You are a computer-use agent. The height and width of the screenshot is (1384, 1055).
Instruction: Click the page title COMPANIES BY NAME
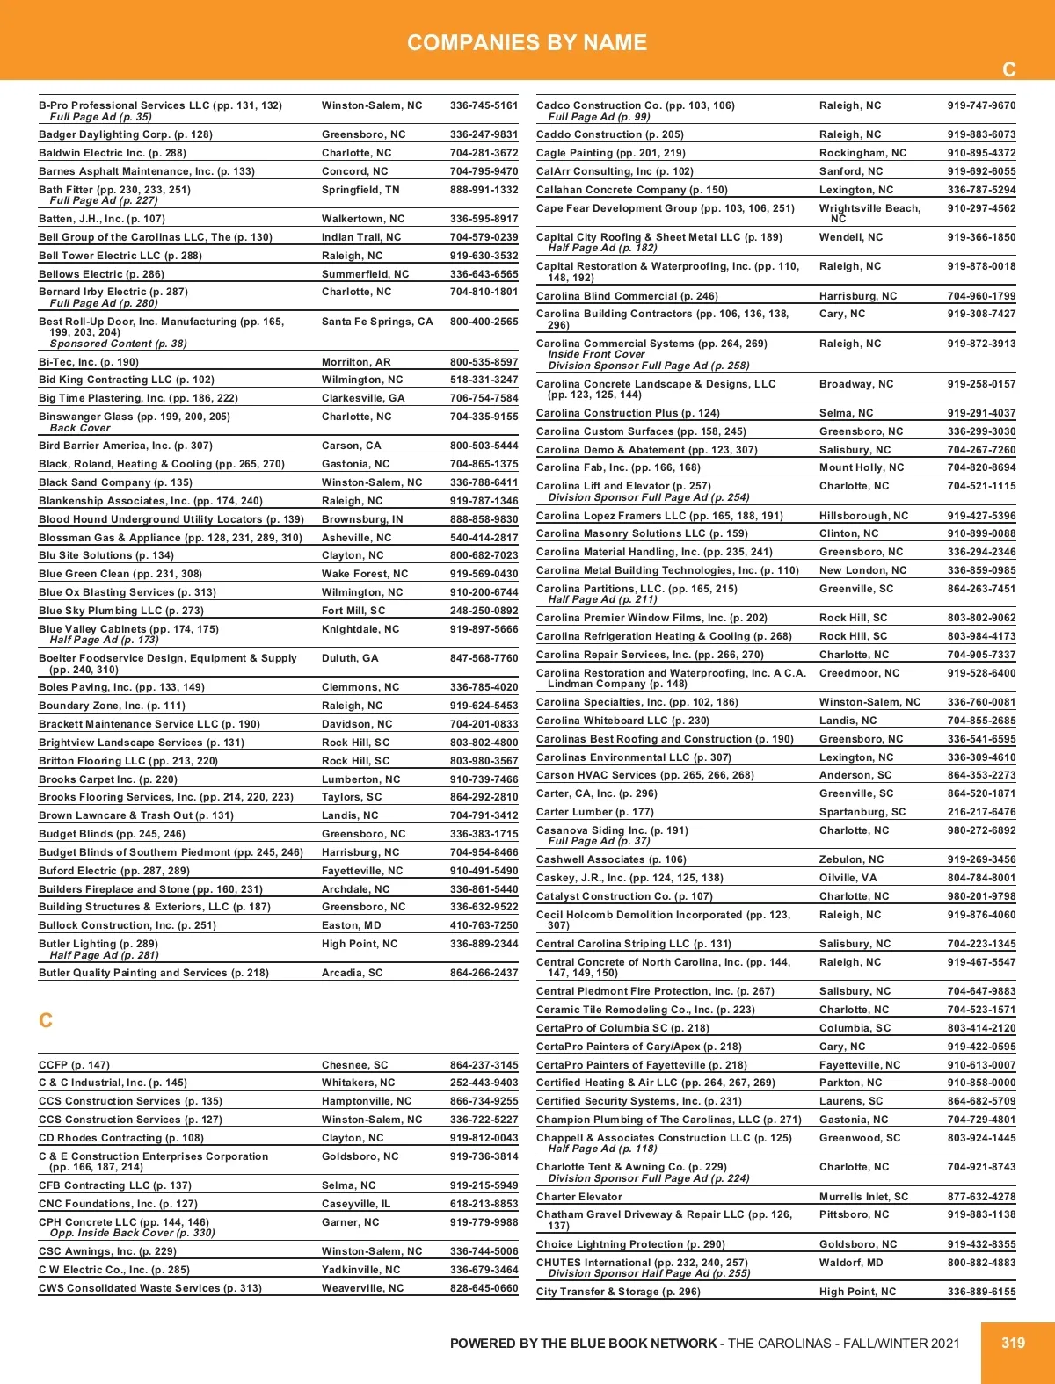[x=527, y=42]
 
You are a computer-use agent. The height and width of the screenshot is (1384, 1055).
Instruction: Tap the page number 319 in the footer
[x=1013, y=1343]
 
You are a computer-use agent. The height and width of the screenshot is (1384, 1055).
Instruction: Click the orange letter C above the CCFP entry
[x=46, y=1020]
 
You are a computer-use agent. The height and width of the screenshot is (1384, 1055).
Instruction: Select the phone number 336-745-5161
[x=484, y=105]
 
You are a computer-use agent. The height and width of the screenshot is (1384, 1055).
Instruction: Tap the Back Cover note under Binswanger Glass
[x=80, y=428]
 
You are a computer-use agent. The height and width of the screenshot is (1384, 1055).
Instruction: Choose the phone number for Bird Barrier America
[x=484, y=446]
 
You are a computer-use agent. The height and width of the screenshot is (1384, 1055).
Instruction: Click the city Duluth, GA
[x=350, y=658]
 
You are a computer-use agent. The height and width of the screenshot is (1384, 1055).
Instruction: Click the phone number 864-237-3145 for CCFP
[x=484, y=1065]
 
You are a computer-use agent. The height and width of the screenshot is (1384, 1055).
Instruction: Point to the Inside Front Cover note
[x=596, y=354]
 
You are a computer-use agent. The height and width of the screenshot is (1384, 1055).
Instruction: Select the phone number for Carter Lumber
[x=981, y=812]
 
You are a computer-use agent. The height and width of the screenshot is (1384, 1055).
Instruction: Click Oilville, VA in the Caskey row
[x=848, y=878]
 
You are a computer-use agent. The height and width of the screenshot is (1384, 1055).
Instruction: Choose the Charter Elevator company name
[x=578, y=1197]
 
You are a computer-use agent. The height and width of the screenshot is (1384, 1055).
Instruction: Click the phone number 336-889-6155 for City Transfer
[x=981, y=1292]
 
